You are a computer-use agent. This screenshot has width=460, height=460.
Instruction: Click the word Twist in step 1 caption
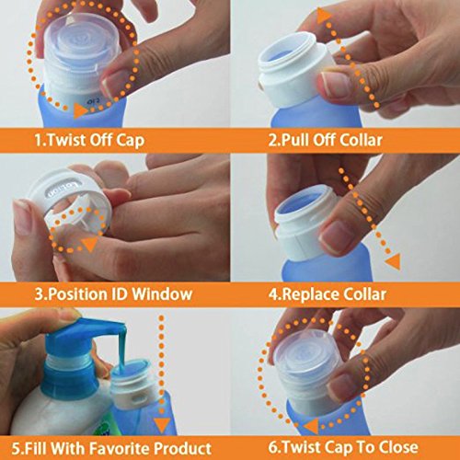[65, 140]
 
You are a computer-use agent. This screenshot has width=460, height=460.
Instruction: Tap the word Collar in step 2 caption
[361, 140]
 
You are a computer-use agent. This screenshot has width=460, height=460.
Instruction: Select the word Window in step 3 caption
[162, 293]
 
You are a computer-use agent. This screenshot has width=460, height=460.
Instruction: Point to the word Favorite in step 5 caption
[121, 448]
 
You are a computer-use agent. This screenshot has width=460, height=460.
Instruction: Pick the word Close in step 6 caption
[398, 447]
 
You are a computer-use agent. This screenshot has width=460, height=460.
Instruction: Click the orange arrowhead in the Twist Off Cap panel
[81, 110]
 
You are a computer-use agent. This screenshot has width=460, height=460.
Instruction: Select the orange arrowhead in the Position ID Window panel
[90, 244]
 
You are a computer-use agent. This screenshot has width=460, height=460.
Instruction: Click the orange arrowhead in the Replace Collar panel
[394, 262]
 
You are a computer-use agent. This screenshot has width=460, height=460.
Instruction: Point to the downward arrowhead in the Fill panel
[162, 426]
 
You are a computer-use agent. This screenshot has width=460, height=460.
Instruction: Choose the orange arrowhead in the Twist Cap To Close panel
[311, 426]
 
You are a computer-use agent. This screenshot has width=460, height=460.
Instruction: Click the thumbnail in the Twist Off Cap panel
[112, 85]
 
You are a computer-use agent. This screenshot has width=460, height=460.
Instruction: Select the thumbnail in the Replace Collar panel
[335, 236]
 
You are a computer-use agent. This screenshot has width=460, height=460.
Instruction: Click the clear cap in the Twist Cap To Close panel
[306, 365]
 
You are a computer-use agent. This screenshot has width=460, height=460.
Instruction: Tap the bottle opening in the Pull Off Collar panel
[286, 55]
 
